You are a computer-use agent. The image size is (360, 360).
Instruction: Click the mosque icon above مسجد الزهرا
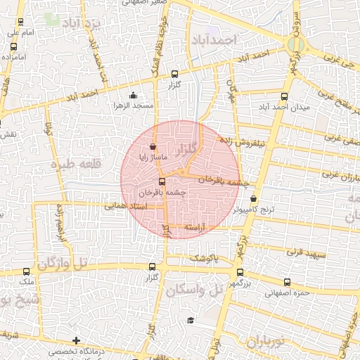click(133, 96)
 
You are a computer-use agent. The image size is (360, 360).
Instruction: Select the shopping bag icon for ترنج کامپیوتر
click(253, 199)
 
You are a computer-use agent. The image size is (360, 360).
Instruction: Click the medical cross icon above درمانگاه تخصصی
click(76, 340)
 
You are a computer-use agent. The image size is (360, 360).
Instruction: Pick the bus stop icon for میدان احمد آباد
click(284, 97)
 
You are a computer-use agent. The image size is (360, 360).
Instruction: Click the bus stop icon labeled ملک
click(27, 271)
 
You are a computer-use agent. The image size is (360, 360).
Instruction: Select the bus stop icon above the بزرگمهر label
click(233, 276)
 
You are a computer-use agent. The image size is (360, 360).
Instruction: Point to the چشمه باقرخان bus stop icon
click(162, 181)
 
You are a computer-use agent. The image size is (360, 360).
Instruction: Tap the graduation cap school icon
click(190, 321)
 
